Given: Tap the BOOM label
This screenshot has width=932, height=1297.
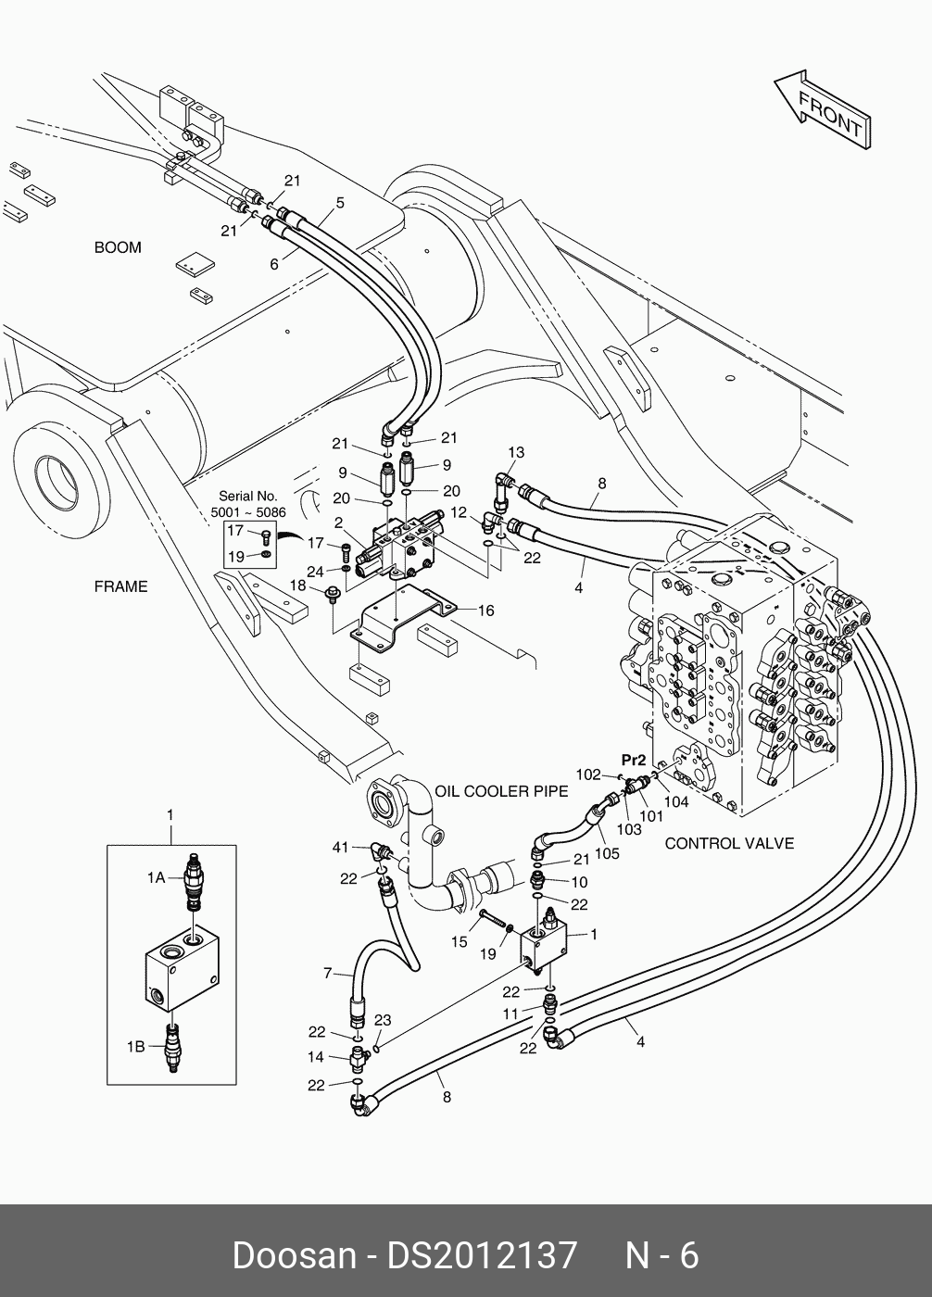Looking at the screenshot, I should point(118,247).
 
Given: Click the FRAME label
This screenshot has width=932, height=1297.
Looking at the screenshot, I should point(120,586).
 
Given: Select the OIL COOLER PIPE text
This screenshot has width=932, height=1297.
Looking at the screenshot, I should point(502,791).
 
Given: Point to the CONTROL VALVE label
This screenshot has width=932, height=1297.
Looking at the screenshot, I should point(729,843).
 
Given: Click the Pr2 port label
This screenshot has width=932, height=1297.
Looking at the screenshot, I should point(634,760).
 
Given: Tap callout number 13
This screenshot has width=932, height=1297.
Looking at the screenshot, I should point(516,452).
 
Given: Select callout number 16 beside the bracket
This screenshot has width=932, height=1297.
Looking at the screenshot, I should point(486,611).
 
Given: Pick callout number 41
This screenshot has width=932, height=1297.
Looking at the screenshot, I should point(340,847).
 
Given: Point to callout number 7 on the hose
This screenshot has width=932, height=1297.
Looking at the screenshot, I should point(327,973).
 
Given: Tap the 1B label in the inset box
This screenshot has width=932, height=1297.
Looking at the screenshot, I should point(135,1047).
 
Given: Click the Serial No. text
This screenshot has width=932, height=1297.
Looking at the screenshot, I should point(248,496).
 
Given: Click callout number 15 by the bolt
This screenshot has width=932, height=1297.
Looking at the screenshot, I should point(460,942).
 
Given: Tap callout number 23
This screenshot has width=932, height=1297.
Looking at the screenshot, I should point(383,1020).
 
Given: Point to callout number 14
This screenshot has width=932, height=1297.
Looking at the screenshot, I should point(316,1057).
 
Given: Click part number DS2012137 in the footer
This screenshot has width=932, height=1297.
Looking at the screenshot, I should point(482,1255).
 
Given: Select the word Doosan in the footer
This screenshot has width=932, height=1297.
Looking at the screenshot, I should point(293,1255).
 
